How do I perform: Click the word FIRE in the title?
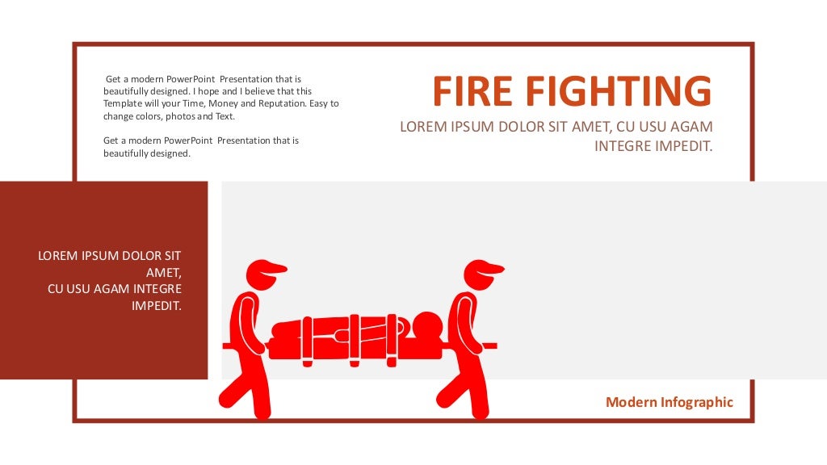tap(472, 91)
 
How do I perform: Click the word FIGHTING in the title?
tap(619, 91)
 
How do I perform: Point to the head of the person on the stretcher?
tap(426, 327)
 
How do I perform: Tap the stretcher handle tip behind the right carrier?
tap(495, 346)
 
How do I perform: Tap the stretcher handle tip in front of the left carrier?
tap(225, 346)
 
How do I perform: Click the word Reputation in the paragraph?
tap(282, 103)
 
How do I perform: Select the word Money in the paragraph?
tap(223, 104)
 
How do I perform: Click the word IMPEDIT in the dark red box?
tap(157, 306)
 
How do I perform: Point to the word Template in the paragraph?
tap(123, 104)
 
